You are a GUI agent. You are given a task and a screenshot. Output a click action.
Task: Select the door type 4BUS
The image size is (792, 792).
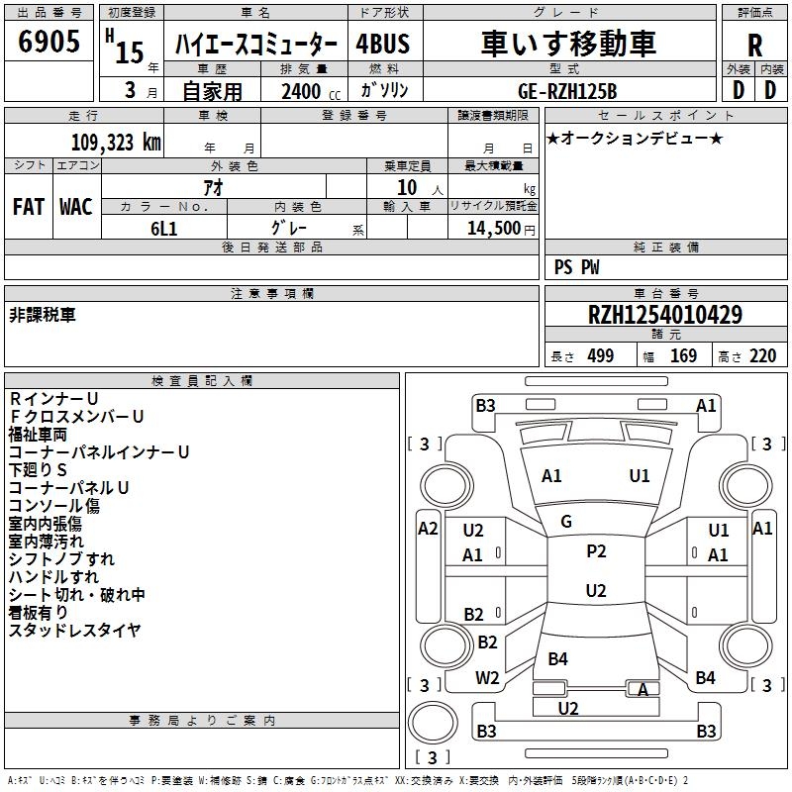tap(382, 45)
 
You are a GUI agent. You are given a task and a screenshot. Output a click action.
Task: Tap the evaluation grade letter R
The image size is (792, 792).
tap(754, 46)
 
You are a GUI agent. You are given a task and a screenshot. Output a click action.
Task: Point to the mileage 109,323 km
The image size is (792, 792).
tap(116, 143)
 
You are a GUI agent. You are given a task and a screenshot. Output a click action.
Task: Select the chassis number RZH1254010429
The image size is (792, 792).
tap(665, 315)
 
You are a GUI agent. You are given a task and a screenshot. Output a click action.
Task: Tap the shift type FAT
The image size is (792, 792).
tap(28, 207)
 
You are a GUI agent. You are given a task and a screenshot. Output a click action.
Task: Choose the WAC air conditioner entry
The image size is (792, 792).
tap(76, 207)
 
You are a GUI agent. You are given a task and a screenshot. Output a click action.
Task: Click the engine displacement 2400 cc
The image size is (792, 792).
tap(310, 91)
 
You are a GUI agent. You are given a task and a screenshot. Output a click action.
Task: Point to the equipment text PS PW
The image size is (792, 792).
tap(576, 267)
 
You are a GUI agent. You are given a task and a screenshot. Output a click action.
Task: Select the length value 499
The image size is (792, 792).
tap(600, 356)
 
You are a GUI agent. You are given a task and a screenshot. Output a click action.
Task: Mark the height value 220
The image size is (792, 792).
tap(762, 356)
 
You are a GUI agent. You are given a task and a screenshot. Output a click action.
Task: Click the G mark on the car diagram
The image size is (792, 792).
tap(566, 522)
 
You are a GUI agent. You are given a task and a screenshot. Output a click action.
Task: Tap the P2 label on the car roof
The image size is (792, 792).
tap(596, 551)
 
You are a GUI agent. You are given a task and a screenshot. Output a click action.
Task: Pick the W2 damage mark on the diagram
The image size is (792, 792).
tap(487, 678)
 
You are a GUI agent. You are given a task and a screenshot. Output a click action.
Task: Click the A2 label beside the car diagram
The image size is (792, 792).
tap(428, 528)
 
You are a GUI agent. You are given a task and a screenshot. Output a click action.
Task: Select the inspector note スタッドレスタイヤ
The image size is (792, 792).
tap(74, 630)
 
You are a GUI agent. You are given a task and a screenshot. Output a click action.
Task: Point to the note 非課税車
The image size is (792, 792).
tap(43, 314)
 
